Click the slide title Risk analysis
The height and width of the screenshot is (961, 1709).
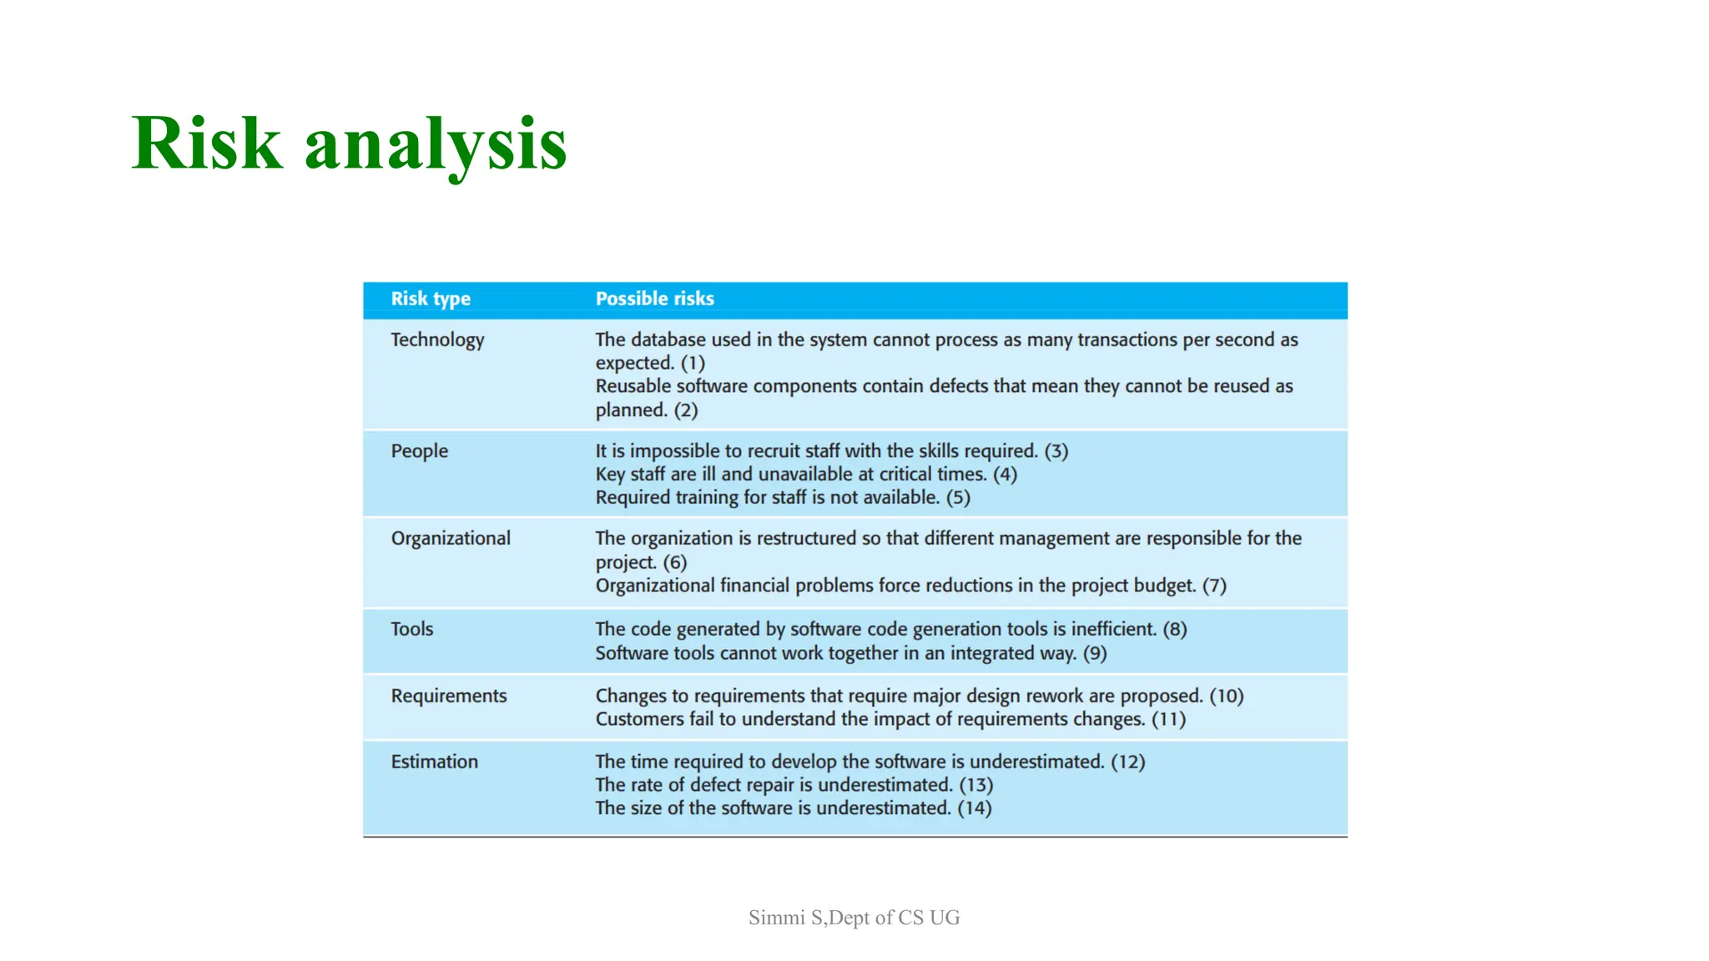[349, 143]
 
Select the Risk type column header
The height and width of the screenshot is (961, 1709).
[431, 299]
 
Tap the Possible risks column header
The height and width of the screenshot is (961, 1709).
[654, 299]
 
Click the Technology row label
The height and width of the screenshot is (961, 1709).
[437, 340]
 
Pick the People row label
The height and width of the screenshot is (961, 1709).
[419, 451]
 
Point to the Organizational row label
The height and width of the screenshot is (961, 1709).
[451, 538]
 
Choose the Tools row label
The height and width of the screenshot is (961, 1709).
[412, 629]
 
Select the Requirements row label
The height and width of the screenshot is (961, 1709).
[449, 696]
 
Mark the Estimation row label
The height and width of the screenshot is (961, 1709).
[435, 762]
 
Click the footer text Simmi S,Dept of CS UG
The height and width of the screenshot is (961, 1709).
[854, 918]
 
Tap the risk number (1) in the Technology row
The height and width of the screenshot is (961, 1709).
[693, 363]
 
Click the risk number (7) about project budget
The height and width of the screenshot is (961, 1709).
[1214, 586]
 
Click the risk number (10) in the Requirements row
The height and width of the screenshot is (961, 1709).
[1227, 696]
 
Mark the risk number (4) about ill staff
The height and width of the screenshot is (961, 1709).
[1005, 475]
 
